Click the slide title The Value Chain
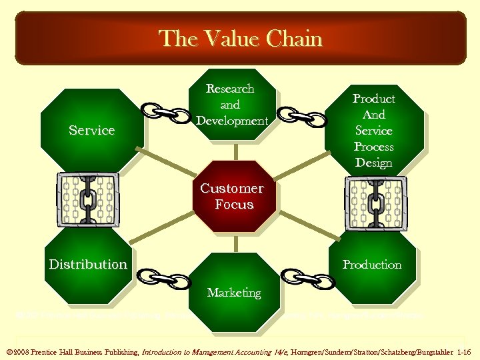(240, 39)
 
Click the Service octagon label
(92, 130)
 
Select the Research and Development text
(231, 105)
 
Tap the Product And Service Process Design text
(373, 131)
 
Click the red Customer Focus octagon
(232, 197)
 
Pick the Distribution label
(88, 264)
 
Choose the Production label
(372, 265)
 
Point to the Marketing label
(233, 293)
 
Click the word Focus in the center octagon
(234, 205)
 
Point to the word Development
(232, 121)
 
